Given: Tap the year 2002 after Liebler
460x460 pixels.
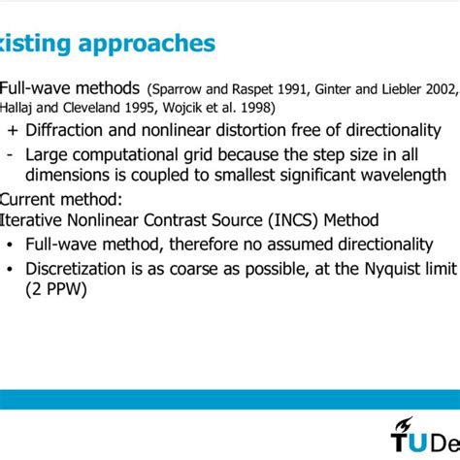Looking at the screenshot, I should point(437,90).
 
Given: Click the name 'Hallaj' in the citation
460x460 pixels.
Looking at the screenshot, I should point(19,107).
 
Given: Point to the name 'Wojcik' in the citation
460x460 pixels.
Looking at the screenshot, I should point(203,107).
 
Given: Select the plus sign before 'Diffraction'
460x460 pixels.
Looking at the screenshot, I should point(11,131).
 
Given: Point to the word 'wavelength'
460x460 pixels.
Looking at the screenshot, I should point(396,176).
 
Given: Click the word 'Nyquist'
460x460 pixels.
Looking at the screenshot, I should point(355,268).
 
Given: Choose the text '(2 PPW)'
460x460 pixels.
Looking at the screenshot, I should point(57,289).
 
